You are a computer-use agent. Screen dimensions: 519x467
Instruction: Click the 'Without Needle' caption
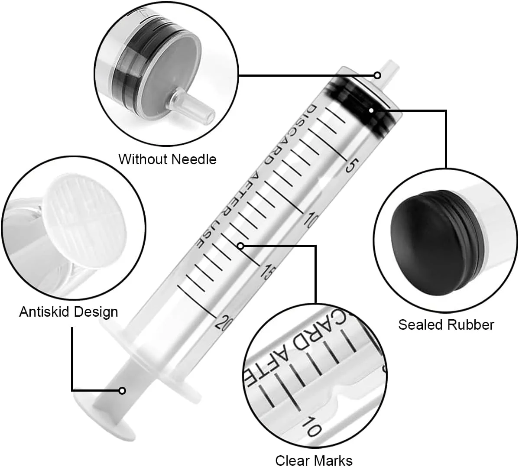coord(168,159)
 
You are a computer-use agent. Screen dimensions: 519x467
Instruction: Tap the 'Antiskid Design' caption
coord(68,312)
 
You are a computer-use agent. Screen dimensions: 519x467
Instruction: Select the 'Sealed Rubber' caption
coord(446,324)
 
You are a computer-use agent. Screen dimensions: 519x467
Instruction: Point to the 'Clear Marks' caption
coord(314,461)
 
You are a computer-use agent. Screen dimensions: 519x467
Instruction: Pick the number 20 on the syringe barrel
coord(222,321)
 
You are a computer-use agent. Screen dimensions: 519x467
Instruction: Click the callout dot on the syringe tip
coord(377,75)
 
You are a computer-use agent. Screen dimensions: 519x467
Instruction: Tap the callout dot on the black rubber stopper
coord(371,110)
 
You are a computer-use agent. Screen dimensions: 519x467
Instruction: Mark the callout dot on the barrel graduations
coord(240,246)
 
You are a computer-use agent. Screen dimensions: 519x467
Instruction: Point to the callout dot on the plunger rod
coord(122,391)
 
